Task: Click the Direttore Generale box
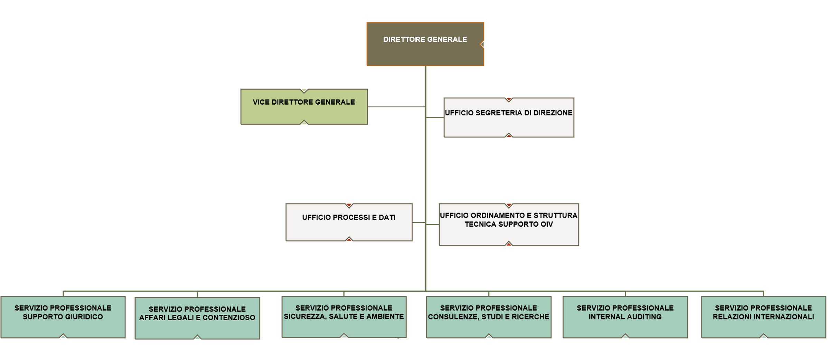pos(425,44)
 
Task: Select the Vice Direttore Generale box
pos(304,107)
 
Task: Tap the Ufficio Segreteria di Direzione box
pos(509,117)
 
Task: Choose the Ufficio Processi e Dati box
pos(349,222)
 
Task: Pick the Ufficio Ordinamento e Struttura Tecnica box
pos(509,225)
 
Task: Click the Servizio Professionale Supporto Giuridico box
pos(63,317)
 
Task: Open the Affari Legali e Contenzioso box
pos(197,318)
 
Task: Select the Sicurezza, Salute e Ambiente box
pos(344,317)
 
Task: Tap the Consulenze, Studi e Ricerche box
pos(489,317)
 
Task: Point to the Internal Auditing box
pos(625,317)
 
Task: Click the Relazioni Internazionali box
pos(763,317)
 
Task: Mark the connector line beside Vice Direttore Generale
pos(397,107)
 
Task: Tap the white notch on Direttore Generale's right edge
pos(482,44)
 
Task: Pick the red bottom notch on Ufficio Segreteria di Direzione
pos(509,135)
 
